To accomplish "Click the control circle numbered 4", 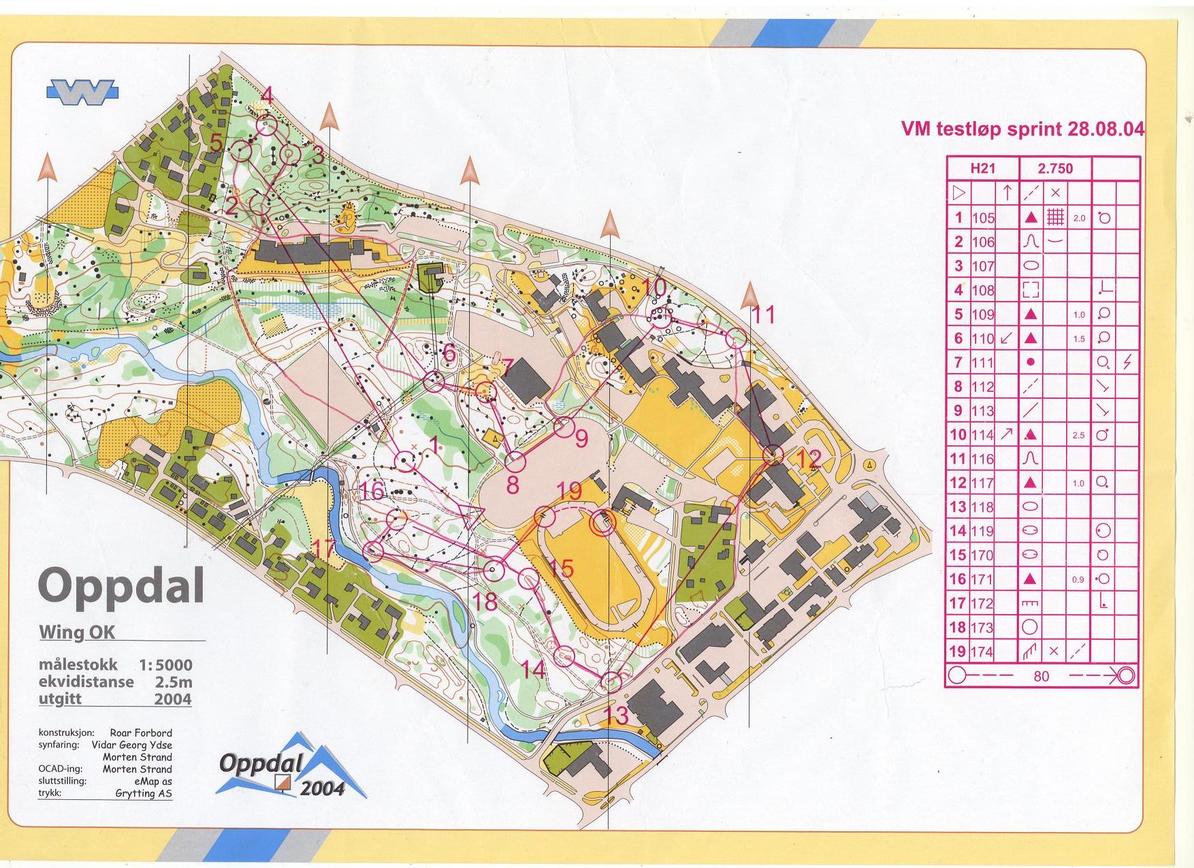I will (267, 125).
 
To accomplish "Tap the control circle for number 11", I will (737, 338).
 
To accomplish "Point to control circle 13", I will (613, 681).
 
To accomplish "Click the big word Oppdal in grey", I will (121, 586).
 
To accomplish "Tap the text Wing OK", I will (77, 632).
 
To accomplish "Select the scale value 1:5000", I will (165, 665).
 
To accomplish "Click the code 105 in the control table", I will (983, 218).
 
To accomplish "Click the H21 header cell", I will (982, 168).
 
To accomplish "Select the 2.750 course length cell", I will (1055, 168).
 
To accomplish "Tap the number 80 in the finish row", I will (1041, 676).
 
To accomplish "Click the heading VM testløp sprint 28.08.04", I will (1022, 129).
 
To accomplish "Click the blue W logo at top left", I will (82, 92).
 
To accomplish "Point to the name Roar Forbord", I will (141, 733).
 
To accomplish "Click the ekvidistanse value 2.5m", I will (174, 682).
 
